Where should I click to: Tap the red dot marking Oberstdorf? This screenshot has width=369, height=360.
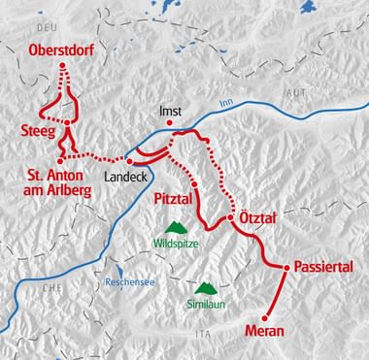click(x=65, y=66)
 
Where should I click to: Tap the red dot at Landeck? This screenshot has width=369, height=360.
click(x=128, y=159)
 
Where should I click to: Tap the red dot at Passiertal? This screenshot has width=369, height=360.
click(x=286, y=266)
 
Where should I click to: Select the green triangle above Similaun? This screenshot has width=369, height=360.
click(x=205, y=287)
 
